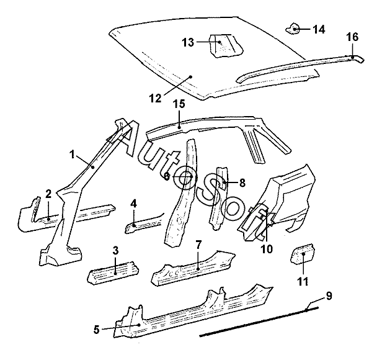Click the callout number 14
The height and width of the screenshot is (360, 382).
pos(319,29)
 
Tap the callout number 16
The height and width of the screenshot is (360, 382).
pos(352,38)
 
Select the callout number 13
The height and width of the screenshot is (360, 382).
pos(188,42)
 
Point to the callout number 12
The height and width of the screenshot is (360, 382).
pos(155,97)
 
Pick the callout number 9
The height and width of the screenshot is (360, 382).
pos(329,295)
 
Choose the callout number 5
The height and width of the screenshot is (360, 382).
pos(97,330)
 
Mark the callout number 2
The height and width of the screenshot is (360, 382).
pos(48,195)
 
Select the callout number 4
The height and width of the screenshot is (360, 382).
pos(134,203)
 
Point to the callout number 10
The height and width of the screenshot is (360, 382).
pos(266,250)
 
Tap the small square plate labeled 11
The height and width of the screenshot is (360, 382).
pos(303,255)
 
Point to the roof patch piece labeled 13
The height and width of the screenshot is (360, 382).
pos(221,45)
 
